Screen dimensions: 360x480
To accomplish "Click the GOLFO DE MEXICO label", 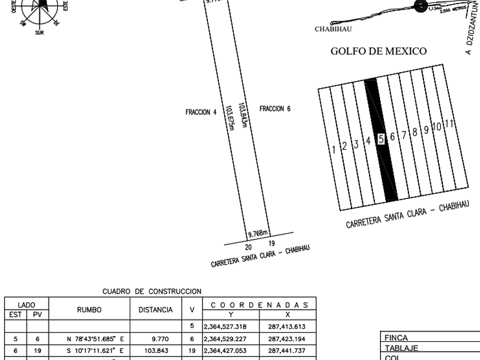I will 378,52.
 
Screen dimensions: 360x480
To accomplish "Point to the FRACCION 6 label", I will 275,109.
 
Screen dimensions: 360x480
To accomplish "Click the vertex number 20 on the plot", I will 249,246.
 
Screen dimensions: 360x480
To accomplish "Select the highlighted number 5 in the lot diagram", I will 380,139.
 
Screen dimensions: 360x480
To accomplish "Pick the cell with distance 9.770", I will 160,338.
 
